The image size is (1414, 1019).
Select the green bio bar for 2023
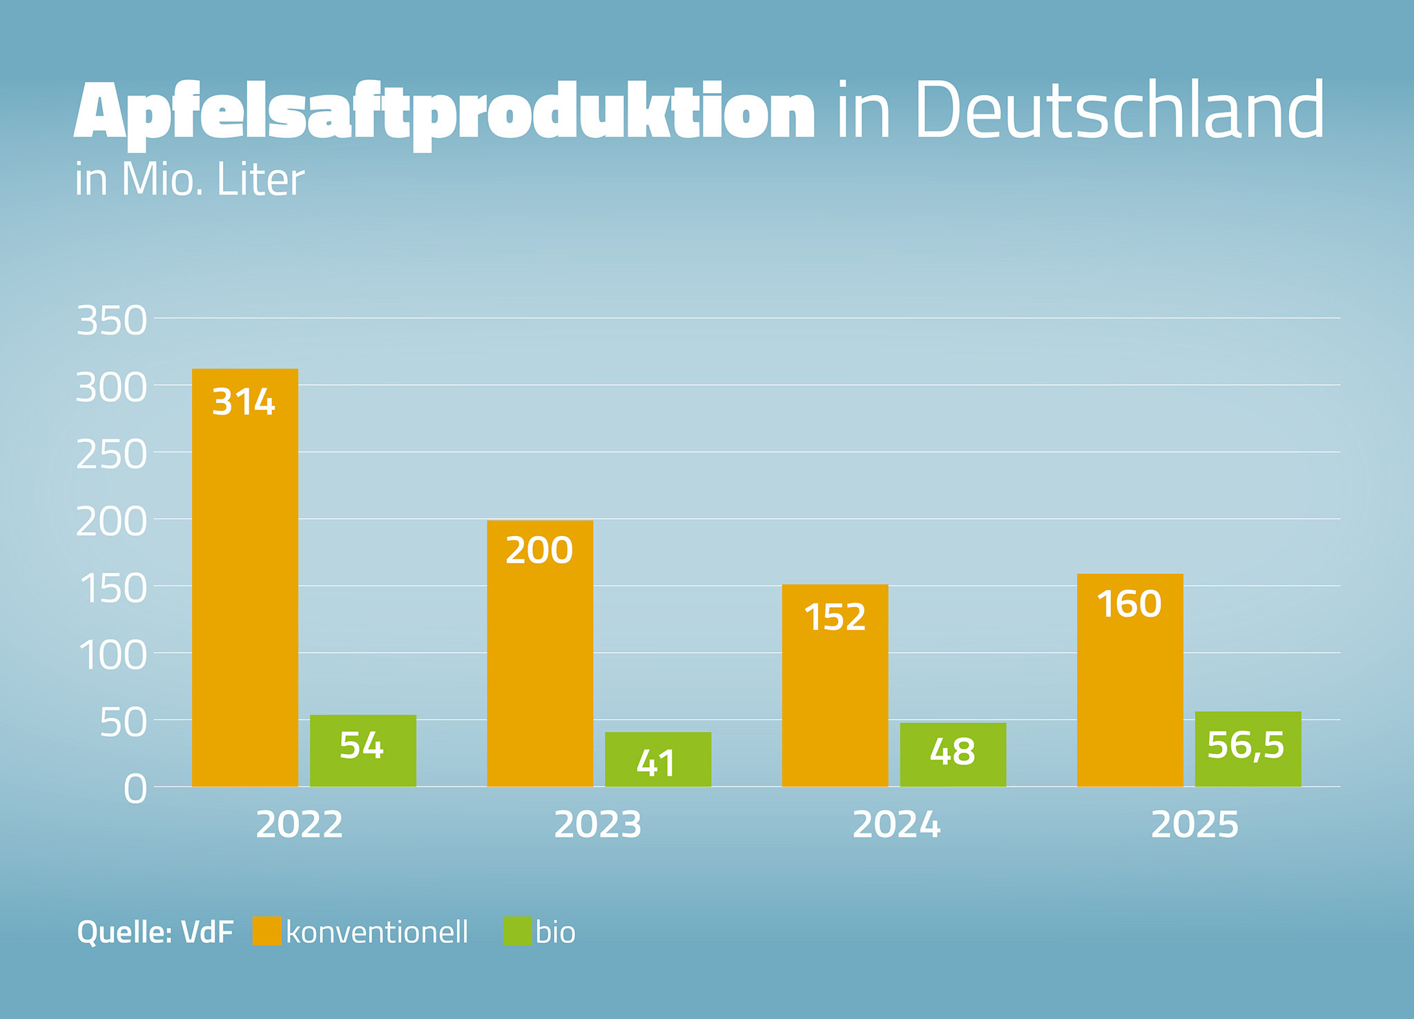[x=658, y=760]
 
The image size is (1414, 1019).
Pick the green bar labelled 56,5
[x=1248, y=749]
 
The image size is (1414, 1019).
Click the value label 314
[x=244, y=402]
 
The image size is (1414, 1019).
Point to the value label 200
[x=539, y=551]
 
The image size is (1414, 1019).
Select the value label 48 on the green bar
[x=952, y=752]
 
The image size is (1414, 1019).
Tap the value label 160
[x=1130, y=604]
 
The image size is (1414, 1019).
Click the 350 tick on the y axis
[x=112, y=321]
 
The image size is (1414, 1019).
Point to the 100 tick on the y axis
[x=112, y=655]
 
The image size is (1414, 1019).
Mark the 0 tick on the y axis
[x=135, y=789]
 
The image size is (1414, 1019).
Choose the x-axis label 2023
[x=597, y=825]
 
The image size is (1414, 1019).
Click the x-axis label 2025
[x=1194, y=825]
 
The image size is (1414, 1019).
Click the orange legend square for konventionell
[x=267, y=931]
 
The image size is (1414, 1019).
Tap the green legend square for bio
[x=517, y=931]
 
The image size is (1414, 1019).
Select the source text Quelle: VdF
[x=155, y=933]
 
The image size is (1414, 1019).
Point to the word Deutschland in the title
[x=1118, y=110]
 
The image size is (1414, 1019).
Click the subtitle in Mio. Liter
[x=190, y=181]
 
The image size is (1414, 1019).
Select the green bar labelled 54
[x=363, y=751]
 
